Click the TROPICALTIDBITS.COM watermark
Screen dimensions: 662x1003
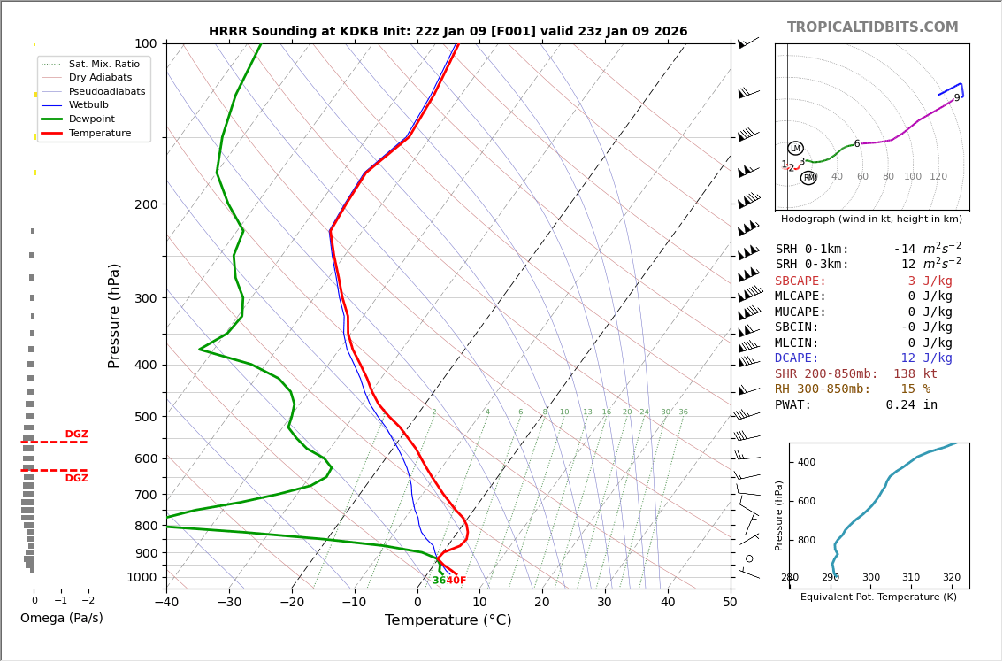(x=872, y=27)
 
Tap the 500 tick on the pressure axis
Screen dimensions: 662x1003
(x=145, y=417)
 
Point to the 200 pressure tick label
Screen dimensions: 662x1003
(x=145, y=204)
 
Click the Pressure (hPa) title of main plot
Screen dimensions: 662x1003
(x=114, y=315)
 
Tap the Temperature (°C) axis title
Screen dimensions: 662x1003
(x=448, y=620)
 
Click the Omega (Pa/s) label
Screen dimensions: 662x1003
(x=61, y=618)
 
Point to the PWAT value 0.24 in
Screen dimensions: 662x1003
(x=911, y=405)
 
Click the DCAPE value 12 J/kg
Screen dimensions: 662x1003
(x=926, y=358)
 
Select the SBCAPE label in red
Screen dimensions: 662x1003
(x=800, y=281)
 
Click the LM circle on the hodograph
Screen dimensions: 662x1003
(x=795, y=148)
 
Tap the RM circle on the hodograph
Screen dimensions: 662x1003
(x=808, y=178)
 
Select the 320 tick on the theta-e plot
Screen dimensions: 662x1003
(x=951, y=578)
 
